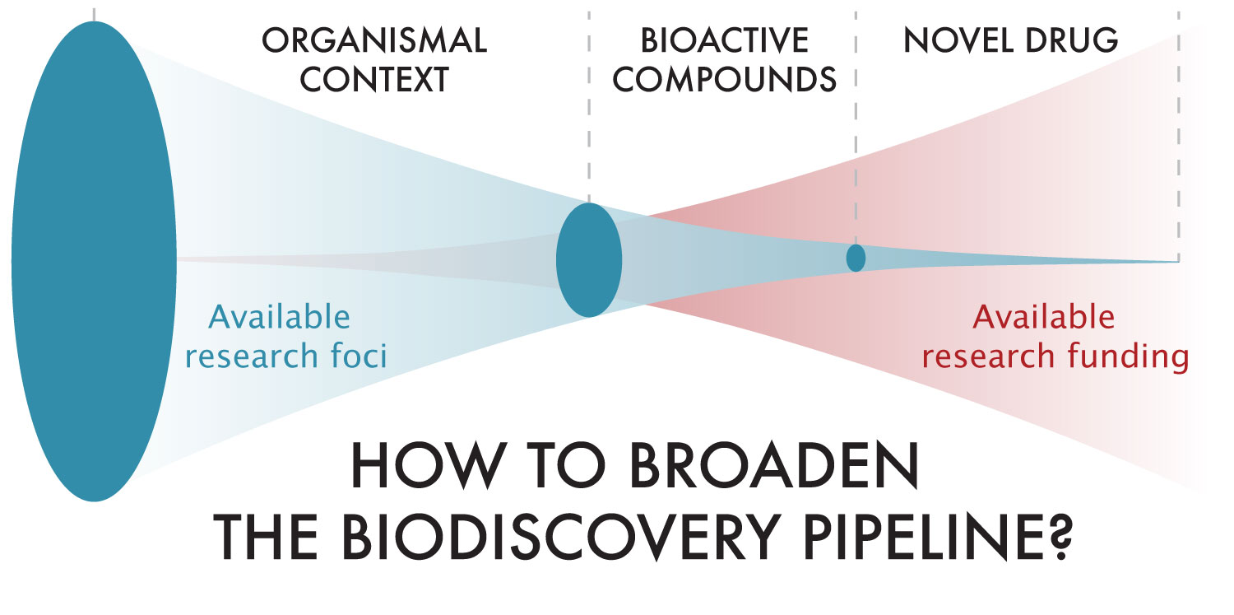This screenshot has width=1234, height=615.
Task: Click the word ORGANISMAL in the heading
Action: point(374,40)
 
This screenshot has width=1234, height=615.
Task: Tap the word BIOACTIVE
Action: point(724,40)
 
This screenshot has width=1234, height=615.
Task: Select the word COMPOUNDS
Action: point(725,80)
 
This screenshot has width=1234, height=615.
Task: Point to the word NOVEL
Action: point(953,40)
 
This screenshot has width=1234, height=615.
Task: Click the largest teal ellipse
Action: point(94,261)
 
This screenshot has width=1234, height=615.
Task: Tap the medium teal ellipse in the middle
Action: point(589,260)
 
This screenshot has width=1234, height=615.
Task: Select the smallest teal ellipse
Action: point(856,258)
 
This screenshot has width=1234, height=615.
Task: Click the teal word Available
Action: point(280,317)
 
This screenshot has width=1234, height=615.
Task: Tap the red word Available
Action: point(1044,317)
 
